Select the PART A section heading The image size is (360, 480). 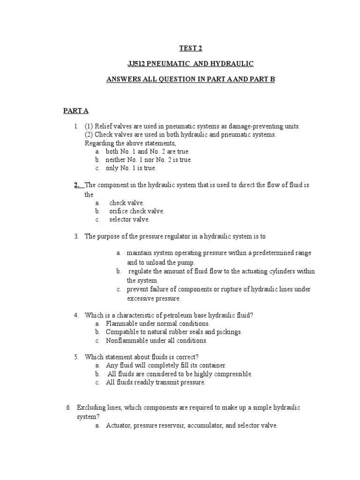pyautogui.click(x=76, y=111)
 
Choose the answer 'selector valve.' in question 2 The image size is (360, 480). pyautogui.click(x=129, y=219)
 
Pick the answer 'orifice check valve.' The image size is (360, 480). pyautogui.click(x=136, y=211)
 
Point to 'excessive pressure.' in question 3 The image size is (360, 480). pyautogui.click(x=153, y=298)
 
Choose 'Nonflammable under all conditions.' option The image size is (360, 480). pyautogui.click(x=157, y=340)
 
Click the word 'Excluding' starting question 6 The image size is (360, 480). pyautogui.click(x=90, y=408)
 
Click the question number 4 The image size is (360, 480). pyautogui.click(x=76, y=315)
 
